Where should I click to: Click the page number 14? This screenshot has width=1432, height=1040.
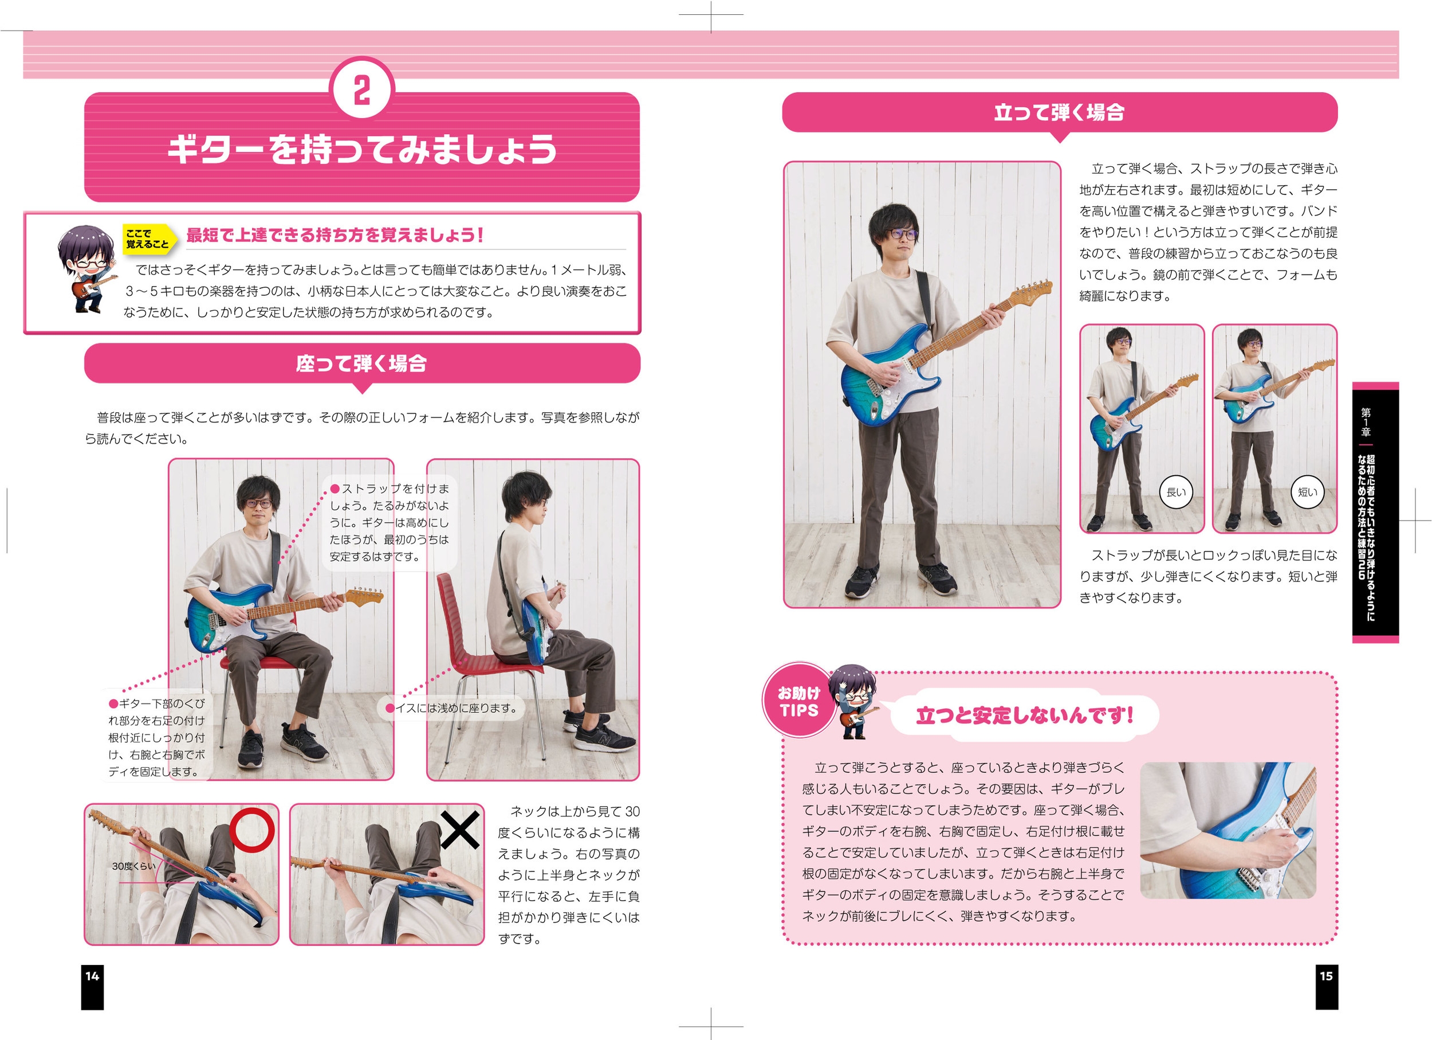click(92, 976)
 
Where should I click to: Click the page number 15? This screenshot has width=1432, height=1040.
click(1326, 976)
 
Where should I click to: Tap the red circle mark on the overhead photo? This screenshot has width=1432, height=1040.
click(252, 830)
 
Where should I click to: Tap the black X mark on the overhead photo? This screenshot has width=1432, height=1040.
click(459, 830)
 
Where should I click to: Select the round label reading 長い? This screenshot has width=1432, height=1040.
click(1177, 492)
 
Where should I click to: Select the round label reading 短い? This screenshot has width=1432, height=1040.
click(1308, 492)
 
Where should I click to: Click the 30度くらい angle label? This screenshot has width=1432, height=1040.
click(133, 866)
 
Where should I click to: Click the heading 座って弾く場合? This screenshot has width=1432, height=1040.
click(362, 363)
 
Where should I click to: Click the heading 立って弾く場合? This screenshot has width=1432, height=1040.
click(1060, 112)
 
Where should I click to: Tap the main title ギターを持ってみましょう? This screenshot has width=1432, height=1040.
click(362, 150)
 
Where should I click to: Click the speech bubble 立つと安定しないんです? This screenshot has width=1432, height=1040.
click(1024, 716)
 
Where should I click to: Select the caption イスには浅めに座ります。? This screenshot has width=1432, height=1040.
click(456, 708)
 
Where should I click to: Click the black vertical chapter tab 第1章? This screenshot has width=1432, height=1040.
click(1375, 513)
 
